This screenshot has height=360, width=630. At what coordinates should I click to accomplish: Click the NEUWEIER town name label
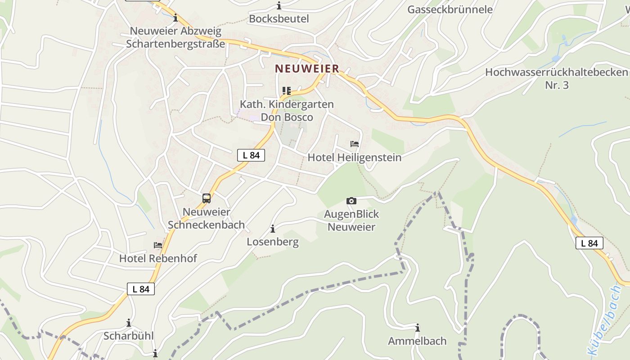pos(307,69)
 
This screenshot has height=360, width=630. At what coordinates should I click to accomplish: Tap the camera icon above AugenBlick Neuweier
pos(351,201)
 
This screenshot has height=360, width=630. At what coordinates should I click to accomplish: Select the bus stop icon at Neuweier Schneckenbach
pos(207,198)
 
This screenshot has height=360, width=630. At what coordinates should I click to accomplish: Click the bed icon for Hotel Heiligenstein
pos(355,144)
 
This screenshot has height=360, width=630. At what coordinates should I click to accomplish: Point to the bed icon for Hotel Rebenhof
pos(158,245)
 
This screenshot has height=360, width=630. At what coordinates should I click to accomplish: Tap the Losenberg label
pos(273,242)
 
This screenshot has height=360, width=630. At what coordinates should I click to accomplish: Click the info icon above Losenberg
pos(273,229)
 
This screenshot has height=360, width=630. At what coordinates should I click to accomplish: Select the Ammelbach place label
pos(418,341)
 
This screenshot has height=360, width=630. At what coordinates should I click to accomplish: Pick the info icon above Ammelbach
pos(418,328)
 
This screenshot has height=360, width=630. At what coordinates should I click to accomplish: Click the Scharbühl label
pos(129,336)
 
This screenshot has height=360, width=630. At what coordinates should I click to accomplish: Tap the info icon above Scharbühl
pos(129,323)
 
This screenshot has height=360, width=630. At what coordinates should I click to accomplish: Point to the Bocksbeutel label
pos(279,18)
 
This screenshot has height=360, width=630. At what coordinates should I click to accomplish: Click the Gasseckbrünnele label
pos(450,9)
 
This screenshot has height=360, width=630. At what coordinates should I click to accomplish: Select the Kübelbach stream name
pos(604,320)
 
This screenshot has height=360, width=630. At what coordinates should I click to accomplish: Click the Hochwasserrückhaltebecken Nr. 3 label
pos(557,78)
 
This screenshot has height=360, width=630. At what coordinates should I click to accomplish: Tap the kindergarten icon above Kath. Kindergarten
pos(287,91)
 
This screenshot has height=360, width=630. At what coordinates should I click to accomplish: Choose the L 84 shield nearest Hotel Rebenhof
pos(141,289)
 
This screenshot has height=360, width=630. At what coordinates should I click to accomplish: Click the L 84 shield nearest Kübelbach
pos(589,243)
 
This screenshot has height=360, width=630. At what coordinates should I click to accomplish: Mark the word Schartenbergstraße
pos(175,44)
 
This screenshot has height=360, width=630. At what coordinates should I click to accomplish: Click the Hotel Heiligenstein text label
pos(355,157)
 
